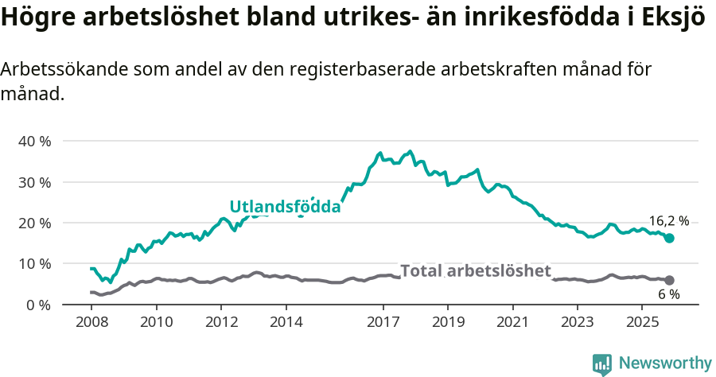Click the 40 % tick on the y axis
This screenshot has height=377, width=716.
click(34, 141)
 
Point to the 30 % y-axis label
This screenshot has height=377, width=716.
click(34, 182)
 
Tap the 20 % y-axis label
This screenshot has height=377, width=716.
click(34, 223)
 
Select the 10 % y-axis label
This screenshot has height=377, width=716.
click(34, 264)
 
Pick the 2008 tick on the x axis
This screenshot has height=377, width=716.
click(91, 322)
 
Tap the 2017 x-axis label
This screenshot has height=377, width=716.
click(383, 322)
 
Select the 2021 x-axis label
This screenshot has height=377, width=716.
click(512, 322)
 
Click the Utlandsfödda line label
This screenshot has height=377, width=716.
click(285, 207)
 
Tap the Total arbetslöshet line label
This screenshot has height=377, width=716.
click(475, 271)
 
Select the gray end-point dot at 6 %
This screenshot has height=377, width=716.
click(669, 280)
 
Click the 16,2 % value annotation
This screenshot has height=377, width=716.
click(668, 222)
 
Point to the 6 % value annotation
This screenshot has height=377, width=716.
click(668, 294)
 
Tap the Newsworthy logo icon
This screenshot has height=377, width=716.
click(602, 363)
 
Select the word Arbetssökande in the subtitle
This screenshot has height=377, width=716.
click(53, 69)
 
